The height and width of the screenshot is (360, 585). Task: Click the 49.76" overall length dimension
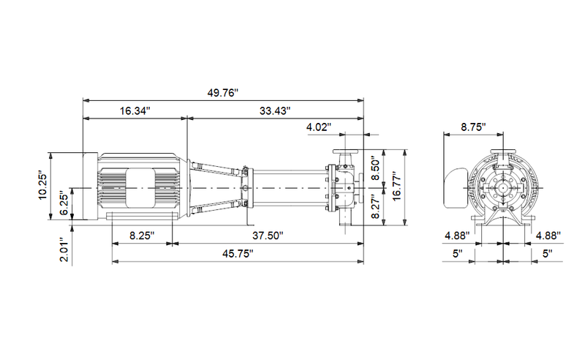(x=223, y=93)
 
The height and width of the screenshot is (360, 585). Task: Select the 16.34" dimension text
(x=135, y=111)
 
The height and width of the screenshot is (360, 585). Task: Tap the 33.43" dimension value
(x=275, y=111)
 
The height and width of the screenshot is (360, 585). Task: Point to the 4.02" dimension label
(x=319, y=127)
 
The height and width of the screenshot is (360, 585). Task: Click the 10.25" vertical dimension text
(x=43, y=186)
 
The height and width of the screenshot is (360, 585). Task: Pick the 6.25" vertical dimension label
(x=64, y=204)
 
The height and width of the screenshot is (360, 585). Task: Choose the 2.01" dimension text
(x=64, y=250)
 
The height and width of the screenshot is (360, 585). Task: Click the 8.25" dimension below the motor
(x=142, y=236)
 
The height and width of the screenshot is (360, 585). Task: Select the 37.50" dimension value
(x=268, y=236)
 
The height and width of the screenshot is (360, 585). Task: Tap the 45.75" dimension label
(x=238, y=254)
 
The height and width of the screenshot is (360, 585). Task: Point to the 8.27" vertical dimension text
(x=376, y=206)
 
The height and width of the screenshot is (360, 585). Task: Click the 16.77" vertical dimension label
(x=396, y=187)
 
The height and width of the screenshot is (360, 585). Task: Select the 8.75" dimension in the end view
(x=473, y=127)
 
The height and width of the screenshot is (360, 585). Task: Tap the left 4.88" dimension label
(x=457, y=236)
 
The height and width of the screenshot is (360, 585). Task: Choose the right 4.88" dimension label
(x=548, y=236)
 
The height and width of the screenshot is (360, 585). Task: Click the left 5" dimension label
(x=458, y=254)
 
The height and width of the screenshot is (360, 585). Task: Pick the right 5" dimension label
(x=547, y=254)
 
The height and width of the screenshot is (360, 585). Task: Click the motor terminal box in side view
(x=140, y=188)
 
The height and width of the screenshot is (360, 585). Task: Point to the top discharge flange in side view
(x=345, y=151)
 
